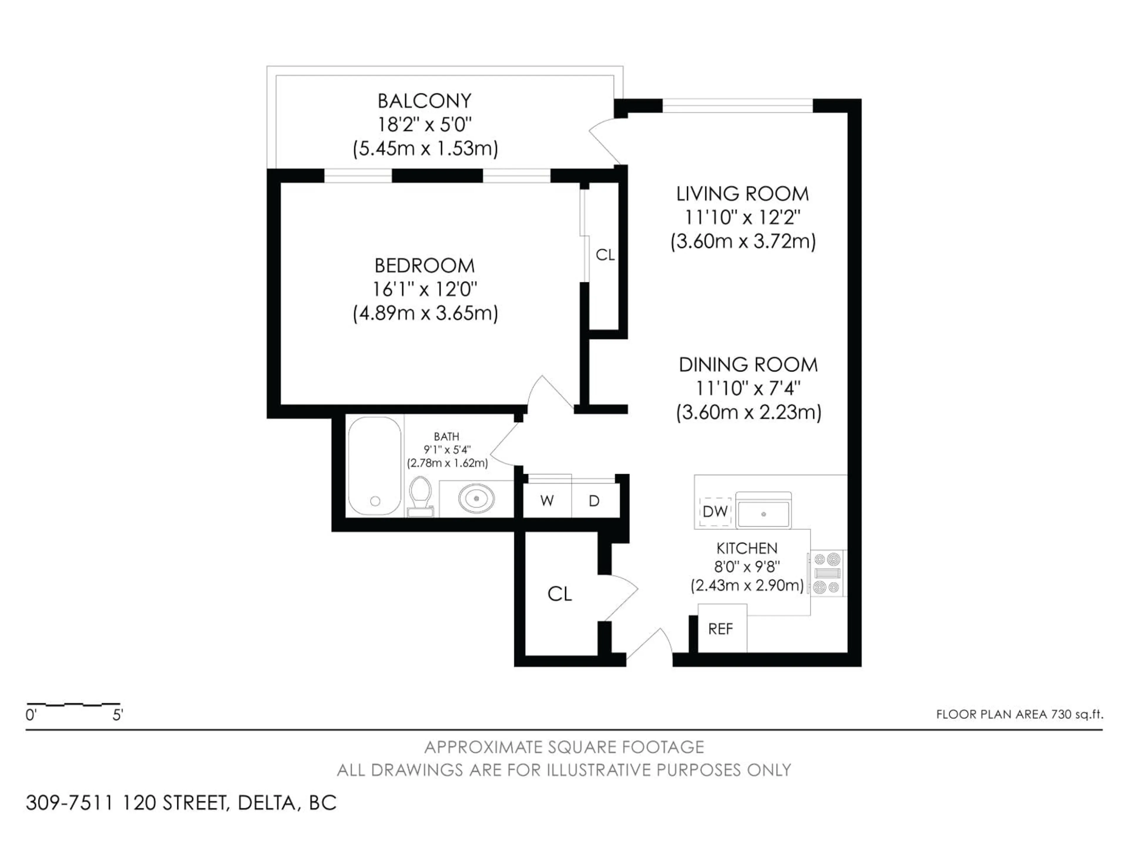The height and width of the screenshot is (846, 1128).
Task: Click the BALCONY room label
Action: tap(424, 101)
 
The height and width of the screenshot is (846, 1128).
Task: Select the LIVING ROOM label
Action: tap(743, 194)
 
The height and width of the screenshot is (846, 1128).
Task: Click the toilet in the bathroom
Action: tap(420, 496)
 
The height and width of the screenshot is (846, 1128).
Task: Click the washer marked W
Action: tap(547, 501)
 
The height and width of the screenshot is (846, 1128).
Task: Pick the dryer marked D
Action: tap(594, 501)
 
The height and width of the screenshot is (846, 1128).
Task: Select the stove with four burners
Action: tap(827, 573)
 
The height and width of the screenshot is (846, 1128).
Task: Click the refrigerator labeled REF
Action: tap(721, 629)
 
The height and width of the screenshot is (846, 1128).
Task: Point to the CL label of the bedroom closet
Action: tap(605, 255)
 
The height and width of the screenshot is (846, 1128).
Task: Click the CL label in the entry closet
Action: tap(559, 594)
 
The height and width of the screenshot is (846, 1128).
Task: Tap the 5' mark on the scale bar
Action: tap(118, 716)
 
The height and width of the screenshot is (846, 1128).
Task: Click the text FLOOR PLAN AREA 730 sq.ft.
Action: tap(1019, 714)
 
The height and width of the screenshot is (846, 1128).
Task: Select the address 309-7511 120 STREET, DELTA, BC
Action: tap(181, 803)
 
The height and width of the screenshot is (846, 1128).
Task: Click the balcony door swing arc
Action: tap(602, 140)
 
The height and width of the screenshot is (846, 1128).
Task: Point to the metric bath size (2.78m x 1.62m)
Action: tap(447, 463)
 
